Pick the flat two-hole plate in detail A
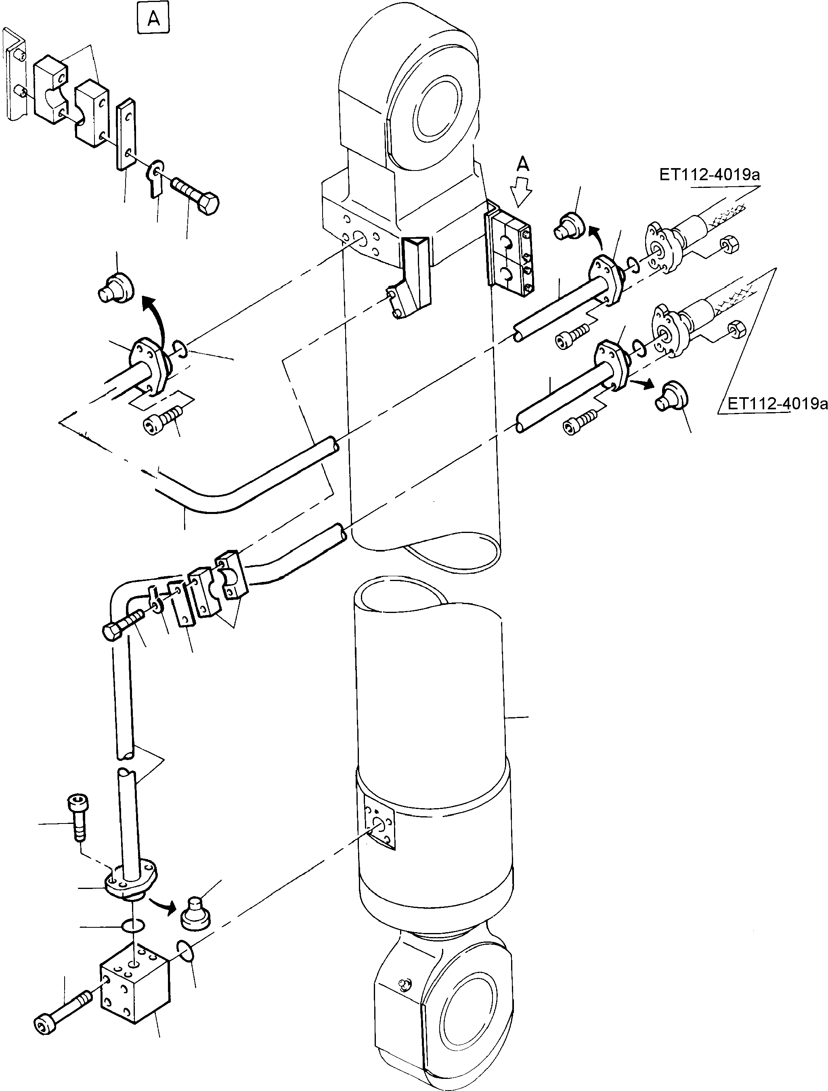126,134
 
